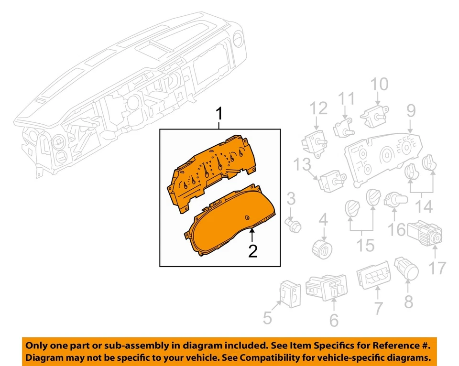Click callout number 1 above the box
click(219, 115)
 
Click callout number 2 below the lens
click(253, 250)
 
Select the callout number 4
click(324, 221)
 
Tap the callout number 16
click(396, 229)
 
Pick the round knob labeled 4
click(324, 248)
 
